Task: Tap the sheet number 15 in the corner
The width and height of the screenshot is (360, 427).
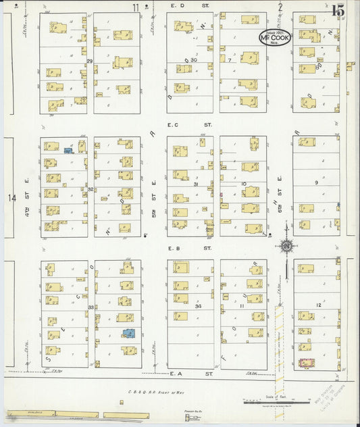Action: click(338, 10)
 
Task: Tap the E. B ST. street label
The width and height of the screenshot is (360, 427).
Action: click(180, 248)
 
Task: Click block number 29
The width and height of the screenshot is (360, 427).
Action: click(89, 61)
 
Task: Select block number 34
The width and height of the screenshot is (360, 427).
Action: click(198, 306)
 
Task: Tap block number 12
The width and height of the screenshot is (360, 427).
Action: click(317, 305)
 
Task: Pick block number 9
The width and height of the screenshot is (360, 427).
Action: click(315, 182)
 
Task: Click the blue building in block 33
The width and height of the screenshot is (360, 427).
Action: click(128, 333)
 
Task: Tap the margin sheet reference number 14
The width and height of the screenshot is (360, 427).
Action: click(11, 198)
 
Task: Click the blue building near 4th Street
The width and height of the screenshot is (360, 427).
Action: click(69, 150)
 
